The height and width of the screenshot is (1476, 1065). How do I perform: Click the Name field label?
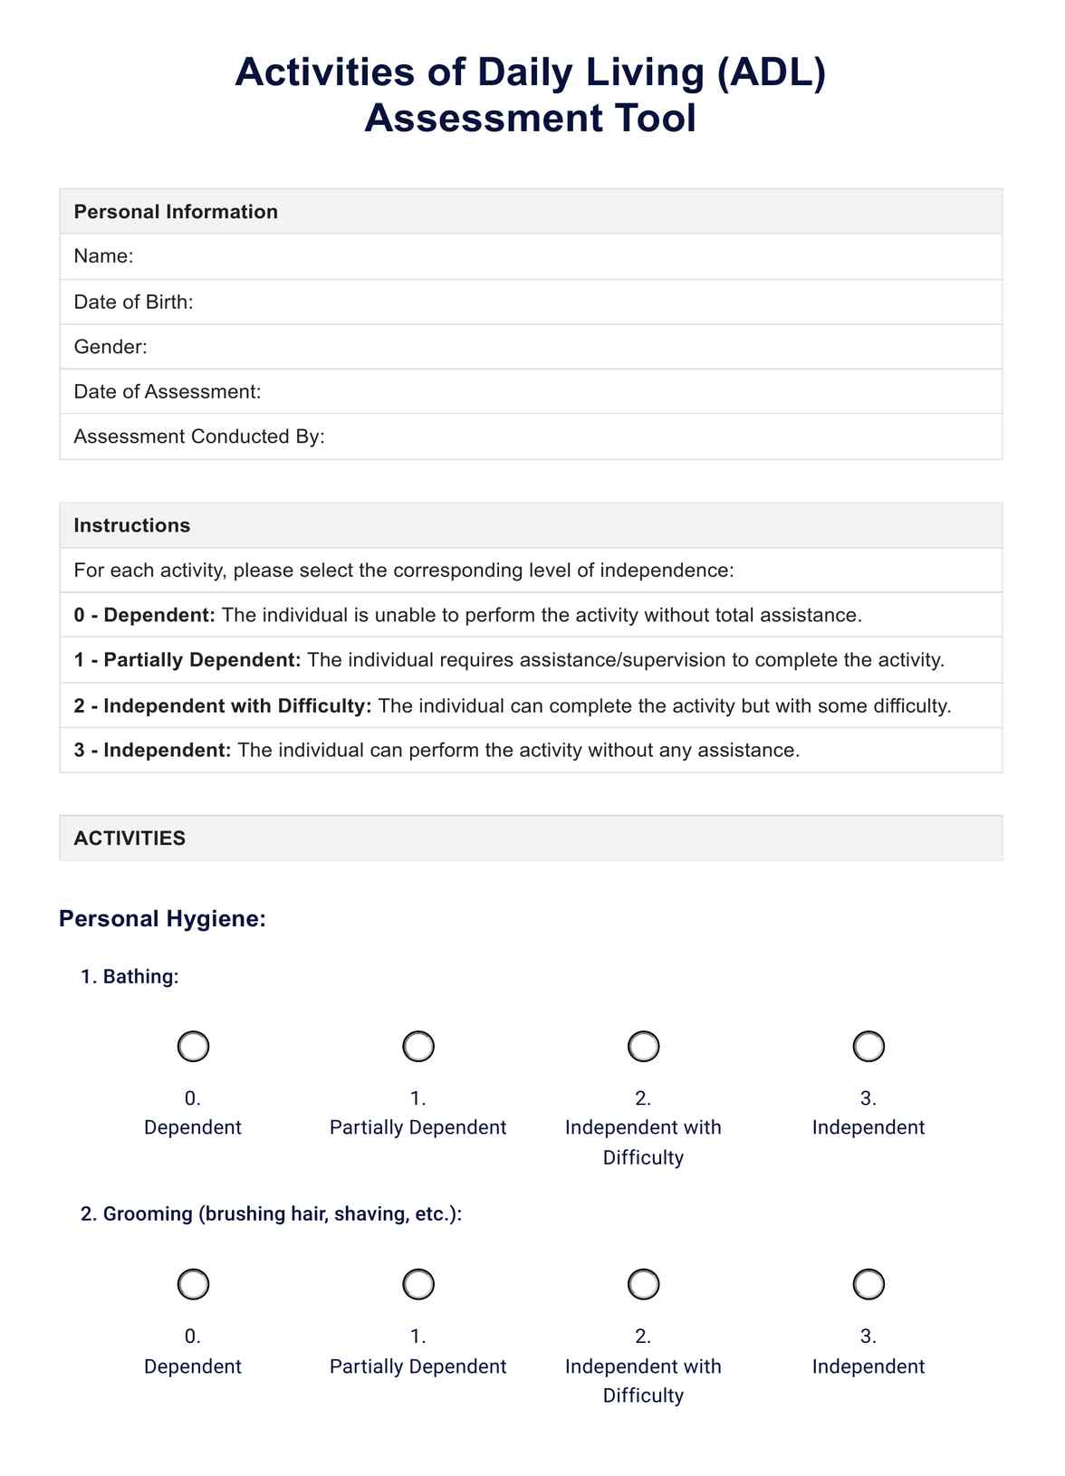(103, 256)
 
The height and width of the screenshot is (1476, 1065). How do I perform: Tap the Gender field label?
(110, 347)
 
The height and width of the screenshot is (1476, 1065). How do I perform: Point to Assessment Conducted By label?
(199, 436)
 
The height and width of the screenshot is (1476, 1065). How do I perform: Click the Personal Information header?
(176, 212)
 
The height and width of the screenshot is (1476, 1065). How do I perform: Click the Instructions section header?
(132, 525)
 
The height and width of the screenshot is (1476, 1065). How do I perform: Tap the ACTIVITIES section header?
(130, 838)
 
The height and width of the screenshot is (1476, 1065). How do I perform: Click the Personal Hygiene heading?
(162, 918)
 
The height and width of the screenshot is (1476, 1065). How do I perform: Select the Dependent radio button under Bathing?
(193, 1046)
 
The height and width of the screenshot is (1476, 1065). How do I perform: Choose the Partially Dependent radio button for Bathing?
(417, 1046)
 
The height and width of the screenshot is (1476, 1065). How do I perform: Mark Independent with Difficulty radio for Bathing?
(643, 1046)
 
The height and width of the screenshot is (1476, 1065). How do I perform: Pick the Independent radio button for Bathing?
(868, 1046)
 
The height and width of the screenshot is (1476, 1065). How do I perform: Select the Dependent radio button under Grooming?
(193, 1284)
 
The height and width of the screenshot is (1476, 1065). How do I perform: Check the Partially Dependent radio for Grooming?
(417, 1284)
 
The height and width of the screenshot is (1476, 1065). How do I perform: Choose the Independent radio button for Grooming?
(868, 1284)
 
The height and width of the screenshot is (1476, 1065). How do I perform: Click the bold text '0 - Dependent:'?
(145, 616)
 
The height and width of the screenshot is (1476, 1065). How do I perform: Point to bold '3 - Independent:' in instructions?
(153, 750)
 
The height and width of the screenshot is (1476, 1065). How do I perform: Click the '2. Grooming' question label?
(271, 1213)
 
